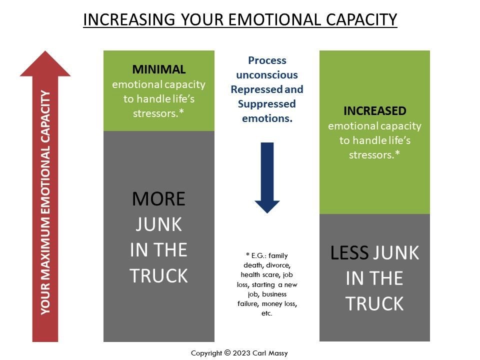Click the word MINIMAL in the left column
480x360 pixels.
[159, 69]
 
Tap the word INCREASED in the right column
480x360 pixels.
[375, 111]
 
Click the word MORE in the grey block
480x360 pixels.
[158, 199]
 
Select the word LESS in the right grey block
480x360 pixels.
[349, 253]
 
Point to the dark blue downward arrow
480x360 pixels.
[267, 178]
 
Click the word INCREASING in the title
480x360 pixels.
[129, 19]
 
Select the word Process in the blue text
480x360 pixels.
[267, 60]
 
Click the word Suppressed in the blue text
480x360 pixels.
[267, 104]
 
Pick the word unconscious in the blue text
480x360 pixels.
[267, 75]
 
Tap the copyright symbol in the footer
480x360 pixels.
[227, 352]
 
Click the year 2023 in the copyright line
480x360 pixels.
[241, 353]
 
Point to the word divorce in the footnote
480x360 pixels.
[278, 265]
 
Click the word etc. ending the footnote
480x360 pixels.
[266, 313]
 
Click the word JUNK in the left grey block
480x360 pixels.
[158, 224]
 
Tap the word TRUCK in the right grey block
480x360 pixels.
[374, 303]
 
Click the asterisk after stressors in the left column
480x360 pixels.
[181, 111]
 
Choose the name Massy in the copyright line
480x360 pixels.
[278, 353]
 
